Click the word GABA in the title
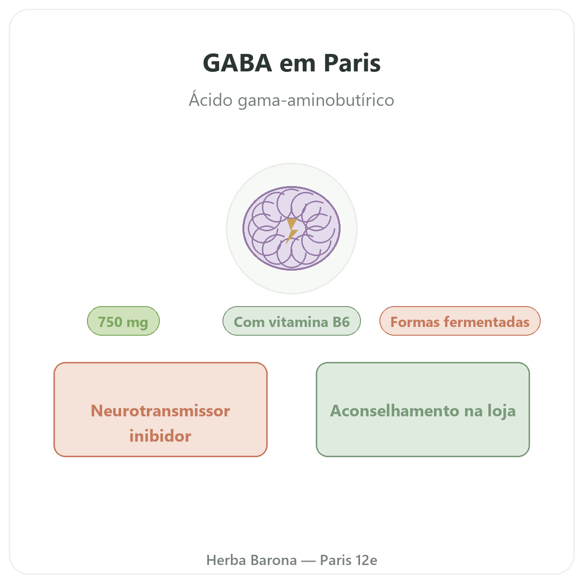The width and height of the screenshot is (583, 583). [x=238, y=63]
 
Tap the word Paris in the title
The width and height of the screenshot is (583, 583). [x=352, y=63]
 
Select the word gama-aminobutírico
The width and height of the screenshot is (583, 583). [x=316, y=100]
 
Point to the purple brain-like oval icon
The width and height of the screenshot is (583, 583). [x=291, y=228]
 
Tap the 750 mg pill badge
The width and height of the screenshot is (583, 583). [x=123, y=321]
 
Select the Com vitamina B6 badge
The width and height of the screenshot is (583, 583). [x=291, y=321]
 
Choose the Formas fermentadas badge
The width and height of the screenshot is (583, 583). [x=460, y=321]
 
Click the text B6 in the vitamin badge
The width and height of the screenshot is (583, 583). [x=341, y=322]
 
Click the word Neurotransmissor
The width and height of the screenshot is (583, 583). [x=160, y=411]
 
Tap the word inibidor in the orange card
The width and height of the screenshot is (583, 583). [x=160, y=436]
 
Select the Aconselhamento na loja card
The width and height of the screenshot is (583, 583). [x=423, y=410]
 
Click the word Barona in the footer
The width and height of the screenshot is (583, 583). [x=274, y=560]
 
